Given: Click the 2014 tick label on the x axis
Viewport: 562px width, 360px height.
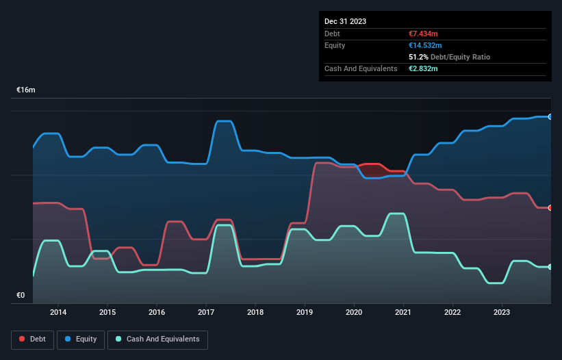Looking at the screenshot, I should click(x=58, y=312).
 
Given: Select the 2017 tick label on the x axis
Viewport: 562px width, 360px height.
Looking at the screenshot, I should click(x=206, y=312).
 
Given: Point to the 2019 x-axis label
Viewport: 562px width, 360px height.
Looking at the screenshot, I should click(x=305, y=312).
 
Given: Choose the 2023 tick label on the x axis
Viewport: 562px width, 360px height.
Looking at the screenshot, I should click(x=502, y=312).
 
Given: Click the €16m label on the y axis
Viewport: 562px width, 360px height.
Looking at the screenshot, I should click(x=26, y=90).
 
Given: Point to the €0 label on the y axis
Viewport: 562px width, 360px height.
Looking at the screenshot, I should click(x=21, y=296).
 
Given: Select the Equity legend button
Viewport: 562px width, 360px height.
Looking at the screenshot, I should click(x=81, y=339).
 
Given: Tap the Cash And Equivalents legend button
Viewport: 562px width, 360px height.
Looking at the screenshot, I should click(x=157, y=339).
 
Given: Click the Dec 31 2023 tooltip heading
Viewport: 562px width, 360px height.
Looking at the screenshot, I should click(x=345, y=21).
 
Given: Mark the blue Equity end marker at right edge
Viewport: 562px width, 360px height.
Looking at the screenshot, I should click(x=550, y=117).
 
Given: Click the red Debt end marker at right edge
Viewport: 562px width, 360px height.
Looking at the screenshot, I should click(x=550, y=208).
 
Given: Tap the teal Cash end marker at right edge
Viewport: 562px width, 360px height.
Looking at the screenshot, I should click(x=550, y=267).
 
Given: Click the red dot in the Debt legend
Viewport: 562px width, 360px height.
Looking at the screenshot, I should click(x=22, y=339).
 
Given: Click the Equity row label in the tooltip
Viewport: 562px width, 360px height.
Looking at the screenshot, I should click(x=335, y=45).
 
